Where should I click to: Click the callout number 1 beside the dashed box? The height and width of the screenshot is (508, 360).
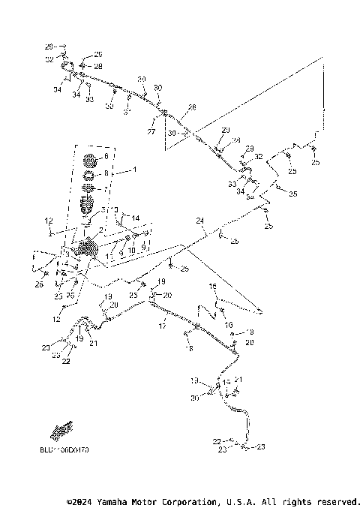click(134, 170)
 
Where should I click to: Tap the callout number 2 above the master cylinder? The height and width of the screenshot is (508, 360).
click(101, 230)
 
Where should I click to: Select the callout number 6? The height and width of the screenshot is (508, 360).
click(106, 156)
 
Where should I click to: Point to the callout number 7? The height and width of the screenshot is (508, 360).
click(106, 189)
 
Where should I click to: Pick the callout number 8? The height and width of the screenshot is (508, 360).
click(106, 173)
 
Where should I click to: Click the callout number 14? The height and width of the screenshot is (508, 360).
click(136, 218)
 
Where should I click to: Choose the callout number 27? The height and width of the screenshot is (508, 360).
click(150, 132)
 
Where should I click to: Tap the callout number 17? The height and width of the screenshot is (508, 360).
click(162, 327)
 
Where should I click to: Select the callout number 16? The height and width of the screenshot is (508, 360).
click(213, 287)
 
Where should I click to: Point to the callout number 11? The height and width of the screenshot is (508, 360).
click(109, 257)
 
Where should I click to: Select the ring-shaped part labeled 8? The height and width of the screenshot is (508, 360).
click(88, 176)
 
